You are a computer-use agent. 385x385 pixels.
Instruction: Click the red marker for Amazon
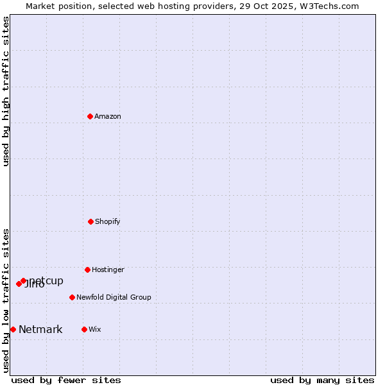[x=90, y=116]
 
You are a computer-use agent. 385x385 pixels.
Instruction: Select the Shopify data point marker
[x=90, y=221]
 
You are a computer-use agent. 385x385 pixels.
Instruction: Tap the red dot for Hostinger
[x=87, y=269]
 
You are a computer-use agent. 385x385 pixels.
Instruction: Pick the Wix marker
[x=84, y=329]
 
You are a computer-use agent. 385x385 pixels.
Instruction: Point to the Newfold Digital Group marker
[x=72, y=297]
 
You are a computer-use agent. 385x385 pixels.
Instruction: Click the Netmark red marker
[x=13, y=329]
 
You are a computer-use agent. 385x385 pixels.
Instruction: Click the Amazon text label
[x=108, y=116]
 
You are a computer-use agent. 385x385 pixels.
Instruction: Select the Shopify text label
[x=108, y=221]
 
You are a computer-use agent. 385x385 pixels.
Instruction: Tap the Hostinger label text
[x=108, y=269]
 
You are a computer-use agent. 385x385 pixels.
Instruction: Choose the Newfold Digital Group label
[x=114, y=297]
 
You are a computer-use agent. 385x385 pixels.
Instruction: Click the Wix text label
[x=95, y=329]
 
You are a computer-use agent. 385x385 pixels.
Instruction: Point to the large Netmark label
[x=40, y=330]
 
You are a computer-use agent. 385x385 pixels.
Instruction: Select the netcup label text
[x=47, y=280]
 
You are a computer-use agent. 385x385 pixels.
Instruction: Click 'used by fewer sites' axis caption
[x=66, y=380]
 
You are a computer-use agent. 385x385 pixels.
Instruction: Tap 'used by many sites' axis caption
[x=322, y=380]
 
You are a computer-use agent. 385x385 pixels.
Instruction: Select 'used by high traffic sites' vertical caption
[x=6, y=91]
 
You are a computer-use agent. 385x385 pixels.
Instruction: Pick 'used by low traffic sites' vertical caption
[x=6, y=300]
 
